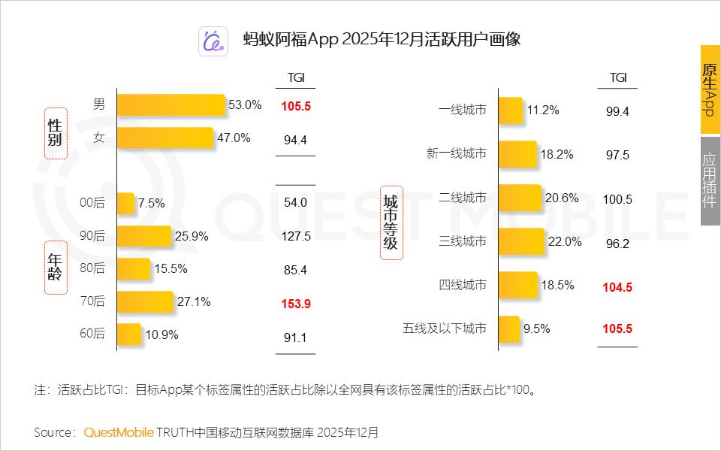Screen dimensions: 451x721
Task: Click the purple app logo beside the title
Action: [x=213, y=41]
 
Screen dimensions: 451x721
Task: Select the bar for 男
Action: [x=171, y=105]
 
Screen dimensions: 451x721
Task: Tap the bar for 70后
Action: [x=145, y=302]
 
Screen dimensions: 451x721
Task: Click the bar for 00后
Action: [x=126, y=203]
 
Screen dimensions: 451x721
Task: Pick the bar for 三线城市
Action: [x=522, y=241]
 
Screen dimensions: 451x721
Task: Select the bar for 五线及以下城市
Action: [x=509, y=328]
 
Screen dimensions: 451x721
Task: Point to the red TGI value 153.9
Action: [x=296, y=304]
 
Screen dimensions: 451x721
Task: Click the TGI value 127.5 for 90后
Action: [x=296, y=236]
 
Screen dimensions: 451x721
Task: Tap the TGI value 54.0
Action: [x=296, y=202]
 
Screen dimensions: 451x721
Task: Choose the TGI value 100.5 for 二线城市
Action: [x=617, y=199]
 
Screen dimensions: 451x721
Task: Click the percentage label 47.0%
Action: [x=233, y=138]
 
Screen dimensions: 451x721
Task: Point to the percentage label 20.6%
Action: [x=561, y=198]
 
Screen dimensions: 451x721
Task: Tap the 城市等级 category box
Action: [x=391, y=223]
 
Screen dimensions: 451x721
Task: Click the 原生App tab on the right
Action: [x=710, y=89]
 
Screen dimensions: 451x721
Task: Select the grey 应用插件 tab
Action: [x=710, y=180]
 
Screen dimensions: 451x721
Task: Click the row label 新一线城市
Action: [x=456, y=154]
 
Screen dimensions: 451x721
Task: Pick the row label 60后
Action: [x=92, y=334]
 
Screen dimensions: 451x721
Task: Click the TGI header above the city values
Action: [x=617, y=77]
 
